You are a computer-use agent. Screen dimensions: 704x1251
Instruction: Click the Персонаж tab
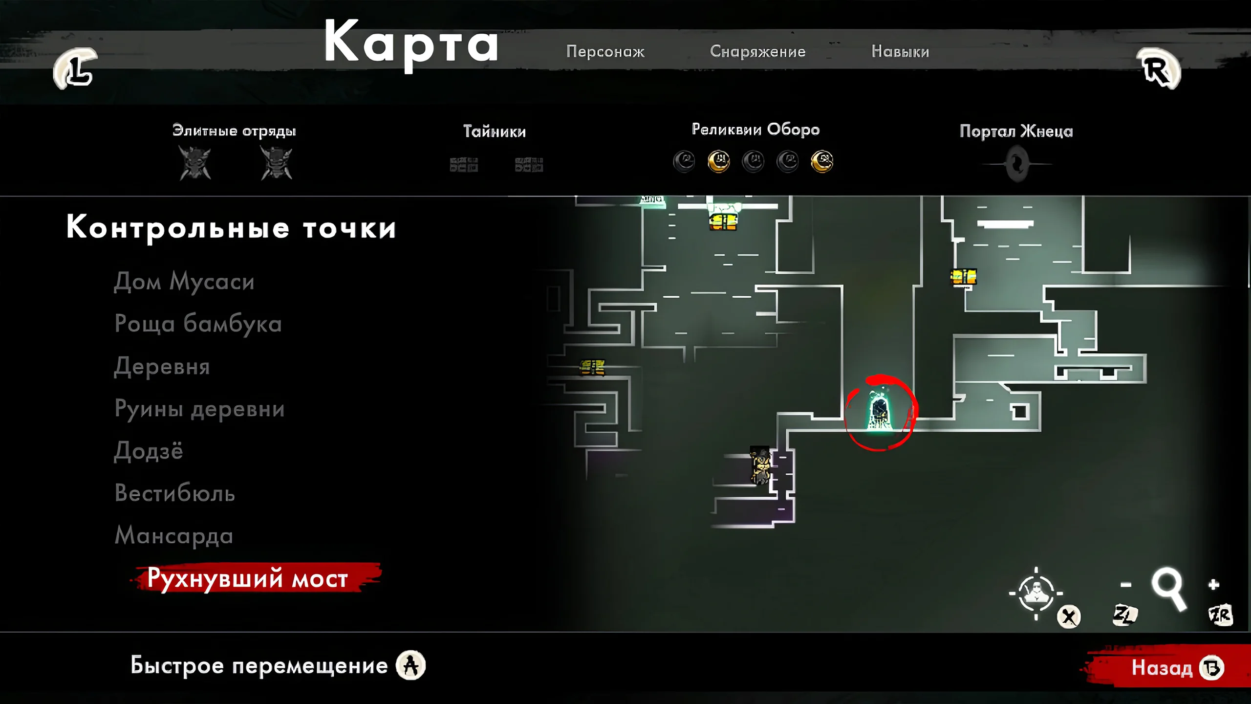click(605, 51)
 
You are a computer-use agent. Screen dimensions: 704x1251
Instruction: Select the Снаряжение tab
click(757, 51)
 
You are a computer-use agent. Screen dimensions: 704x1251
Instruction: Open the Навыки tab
click(900, 51)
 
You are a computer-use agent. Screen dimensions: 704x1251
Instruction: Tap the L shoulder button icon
click(75, 69)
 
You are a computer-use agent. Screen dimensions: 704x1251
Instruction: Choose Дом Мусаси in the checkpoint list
click(184, 282)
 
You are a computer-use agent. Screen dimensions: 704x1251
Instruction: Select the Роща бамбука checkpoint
click(198, 324)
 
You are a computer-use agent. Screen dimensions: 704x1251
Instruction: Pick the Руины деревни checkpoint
click(199, 409)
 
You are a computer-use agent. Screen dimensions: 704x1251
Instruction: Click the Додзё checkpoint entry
click(149, 451)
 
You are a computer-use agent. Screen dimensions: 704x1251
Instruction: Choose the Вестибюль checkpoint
click(174, 493)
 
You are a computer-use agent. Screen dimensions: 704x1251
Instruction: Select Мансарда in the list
click(173, 535)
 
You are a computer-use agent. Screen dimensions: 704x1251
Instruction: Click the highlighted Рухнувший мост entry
click(248, 578)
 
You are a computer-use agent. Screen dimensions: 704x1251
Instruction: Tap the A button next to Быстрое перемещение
click(410, 665)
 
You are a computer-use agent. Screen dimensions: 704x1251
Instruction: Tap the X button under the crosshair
click(1069, 616)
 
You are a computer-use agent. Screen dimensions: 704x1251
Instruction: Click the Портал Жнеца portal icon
click(1017, 164)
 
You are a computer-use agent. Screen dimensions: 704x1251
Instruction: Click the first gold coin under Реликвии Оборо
click(718, 161)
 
